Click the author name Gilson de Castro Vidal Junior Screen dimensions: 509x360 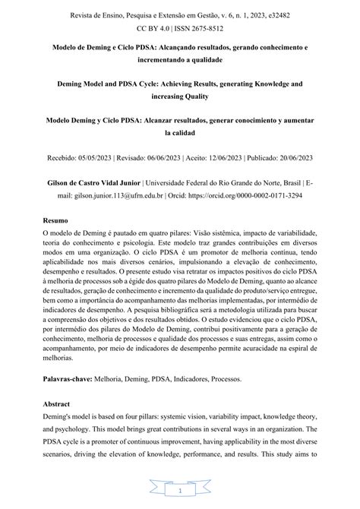point(100,182)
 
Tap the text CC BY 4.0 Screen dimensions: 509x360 point(154,28)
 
